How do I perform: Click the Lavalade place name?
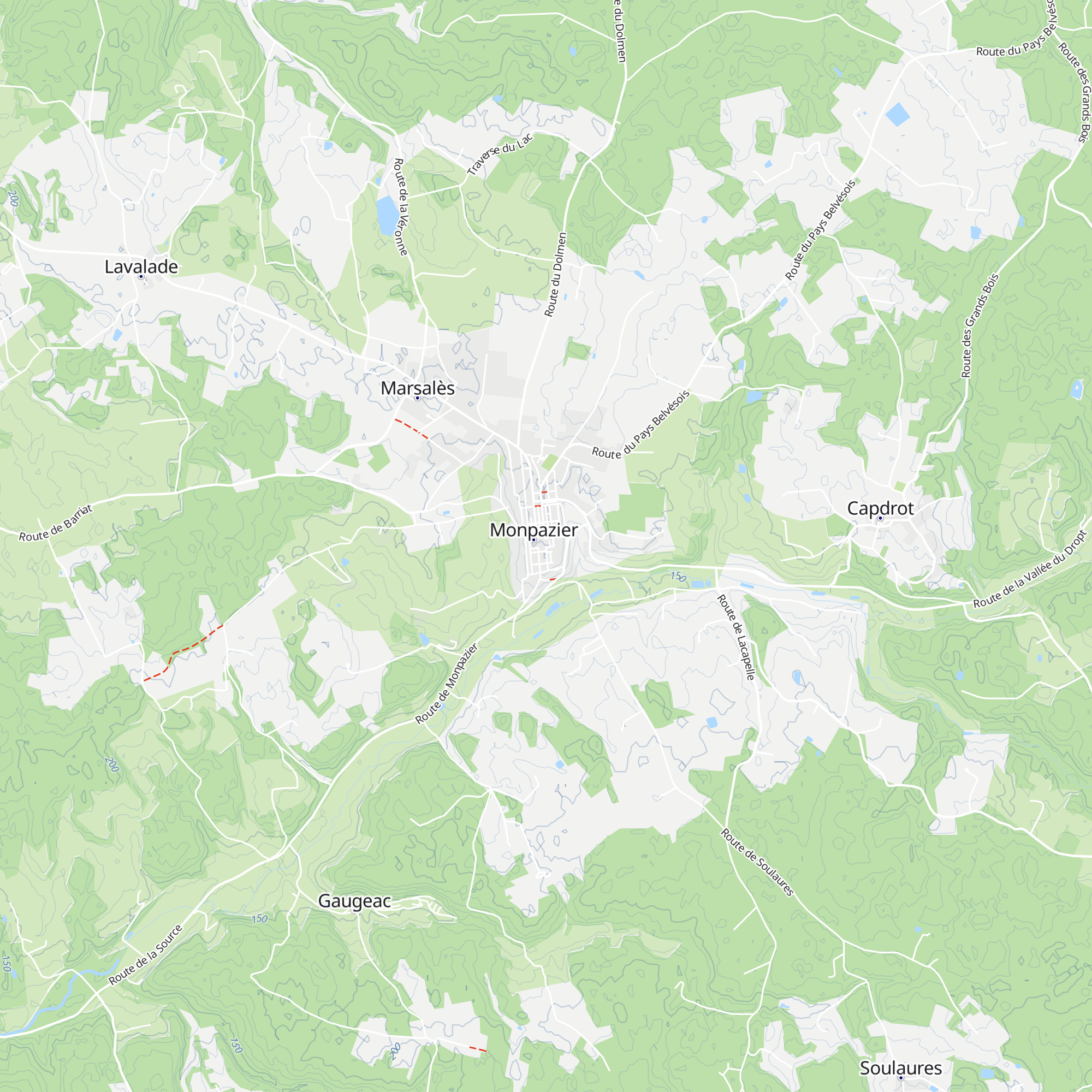click(x=141, y=266)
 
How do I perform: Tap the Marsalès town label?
click(x=417, y=388)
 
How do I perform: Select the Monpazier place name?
click(x=533, y=530)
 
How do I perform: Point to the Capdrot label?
click(x=880, y=508)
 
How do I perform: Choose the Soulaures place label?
click(x=900, y=1067)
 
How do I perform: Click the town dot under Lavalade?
click(x=141, y=276)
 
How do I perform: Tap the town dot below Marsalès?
click(x=418, y=398)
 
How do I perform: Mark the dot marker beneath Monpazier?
click(x=533, y=540)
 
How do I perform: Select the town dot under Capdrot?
click(x=880, y=518)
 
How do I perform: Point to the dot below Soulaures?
click(x=901, y=1078)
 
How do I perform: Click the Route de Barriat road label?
click(x=55, y=524)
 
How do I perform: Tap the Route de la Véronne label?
click(x=401, y=207)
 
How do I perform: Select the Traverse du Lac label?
click(x=500, y=154)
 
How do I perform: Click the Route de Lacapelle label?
click(x=736, y=637)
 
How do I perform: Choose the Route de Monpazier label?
click(x=447, y=684)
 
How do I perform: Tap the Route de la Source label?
click(x=145, y=955)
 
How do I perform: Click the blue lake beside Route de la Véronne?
click(x=387, y=215)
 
